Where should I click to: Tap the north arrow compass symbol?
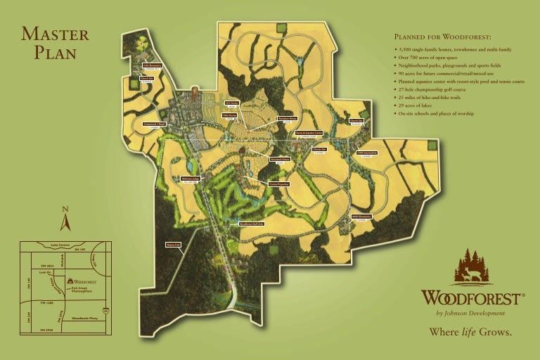coord(65,219)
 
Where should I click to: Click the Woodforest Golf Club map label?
coord(251,224)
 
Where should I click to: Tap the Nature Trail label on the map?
coord(173,245)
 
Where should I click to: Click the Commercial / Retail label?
coord(154,124)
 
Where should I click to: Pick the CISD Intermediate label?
coord(366,153)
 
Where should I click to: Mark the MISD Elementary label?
coord(361,217)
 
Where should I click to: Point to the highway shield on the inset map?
coord(105,309)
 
